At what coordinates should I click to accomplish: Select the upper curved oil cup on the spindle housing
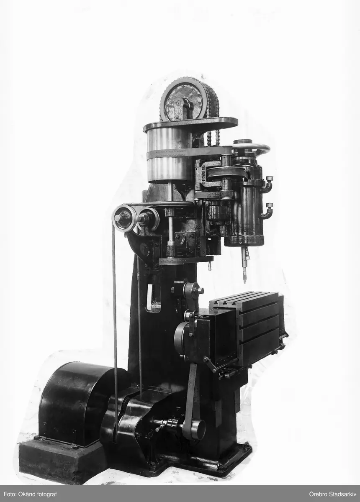pos(267,184)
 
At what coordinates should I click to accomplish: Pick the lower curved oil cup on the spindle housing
pos(267,210)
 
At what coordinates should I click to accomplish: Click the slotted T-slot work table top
pos(243,297)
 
